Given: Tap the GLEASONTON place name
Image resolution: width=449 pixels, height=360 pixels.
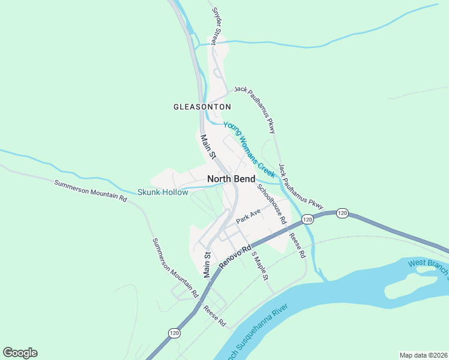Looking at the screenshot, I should click(x=202, y=107).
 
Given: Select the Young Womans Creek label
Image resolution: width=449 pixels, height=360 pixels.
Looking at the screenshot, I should click(x=249, y=149).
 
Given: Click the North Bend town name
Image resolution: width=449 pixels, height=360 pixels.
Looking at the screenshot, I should click(x=231, y=179).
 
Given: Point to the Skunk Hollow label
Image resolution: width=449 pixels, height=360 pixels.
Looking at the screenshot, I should click(x=158, y=193).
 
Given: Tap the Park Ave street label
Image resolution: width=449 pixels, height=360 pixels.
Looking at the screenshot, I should click(x=249, y=216).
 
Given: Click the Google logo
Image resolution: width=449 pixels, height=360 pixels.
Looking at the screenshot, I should click(x=20, y=353).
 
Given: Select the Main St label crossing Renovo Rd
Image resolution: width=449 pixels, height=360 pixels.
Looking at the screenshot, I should click(x=207, y=264).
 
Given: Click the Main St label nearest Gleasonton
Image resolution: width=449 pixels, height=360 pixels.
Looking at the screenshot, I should click(x=208, y=146).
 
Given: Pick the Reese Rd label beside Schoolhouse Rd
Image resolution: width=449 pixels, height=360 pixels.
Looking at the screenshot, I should click(x=297, y=245).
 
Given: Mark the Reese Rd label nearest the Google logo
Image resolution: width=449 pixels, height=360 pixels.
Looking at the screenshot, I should click(x=214, y=316).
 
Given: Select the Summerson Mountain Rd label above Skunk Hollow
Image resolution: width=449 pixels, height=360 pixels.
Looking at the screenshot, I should click(x=91, y=190).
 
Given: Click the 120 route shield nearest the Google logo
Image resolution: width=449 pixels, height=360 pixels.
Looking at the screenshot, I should click(x=174, y=333).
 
